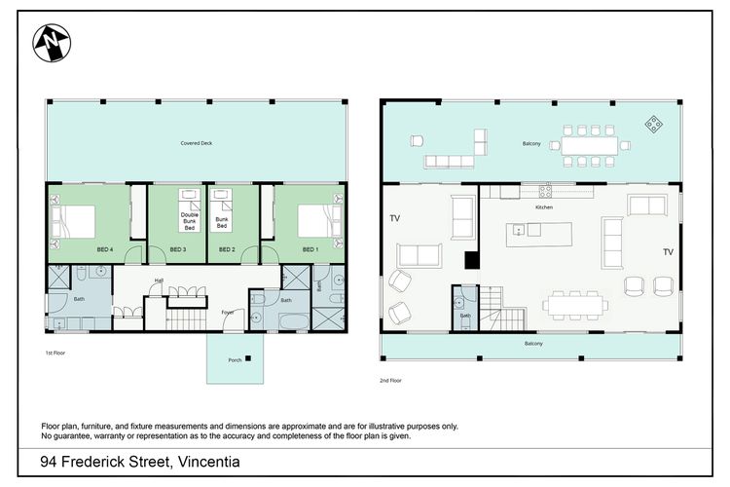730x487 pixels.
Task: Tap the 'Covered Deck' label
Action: click(x=195, y=143)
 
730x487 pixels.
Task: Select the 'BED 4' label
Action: click(x=105, y=249)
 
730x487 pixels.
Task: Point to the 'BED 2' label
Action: click(x=228, y=249)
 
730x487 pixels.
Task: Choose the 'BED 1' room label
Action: click(x=309, y=249)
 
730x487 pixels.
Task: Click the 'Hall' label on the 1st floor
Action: click(x=157, y=282)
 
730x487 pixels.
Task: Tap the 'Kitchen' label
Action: click(x=544, y=207)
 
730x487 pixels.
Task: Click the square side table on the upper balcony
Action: click(x=654, y=124)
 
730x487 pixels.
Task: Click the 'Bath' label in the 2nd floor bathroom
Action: click(x=465, y=316)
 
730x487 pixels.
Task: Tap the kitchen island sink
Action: click(x=520, y=230)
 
